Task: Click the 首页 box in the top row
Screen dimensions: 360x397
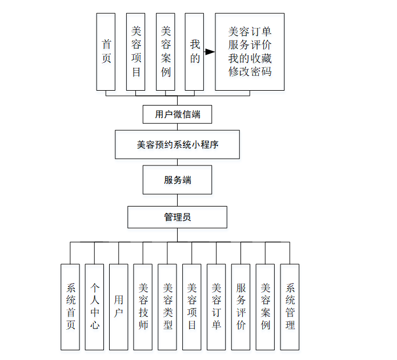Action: click(x=106, y=52)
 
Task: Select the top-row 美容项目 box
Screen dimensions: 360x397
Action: click(x=135, y=52)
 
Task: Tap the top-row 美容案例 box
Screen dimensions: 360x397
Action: click(x=165, y=52)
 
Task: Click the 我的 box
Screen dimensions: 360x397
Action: click(x=195, y=52)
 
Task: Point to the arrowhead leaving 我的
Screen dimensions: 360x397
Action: click(x=210, y=52)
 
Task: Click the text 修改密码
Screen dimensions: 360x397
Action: click(x=250, y=72)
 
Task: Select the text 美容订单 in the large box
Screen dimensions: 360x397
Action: click(x=250, y=31)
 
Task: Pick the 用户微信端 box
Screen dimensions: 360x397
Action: click(x=178, y=114)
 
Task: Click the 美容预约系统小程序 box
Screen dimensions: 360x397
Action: click(x=178, y=145)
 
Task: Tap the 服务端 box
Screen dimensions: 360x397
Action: click(x=178, y=180)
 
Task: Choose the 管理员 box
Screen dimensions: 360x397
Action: click(x=178, y=217)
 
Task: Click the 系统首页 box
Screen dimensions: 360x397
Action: click(x=70, y=306)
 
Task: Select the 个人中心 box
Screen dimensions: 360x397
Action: click(x=94, y=306)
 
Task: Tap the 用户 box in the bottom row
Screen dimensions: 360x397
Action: click(x=119, y=306)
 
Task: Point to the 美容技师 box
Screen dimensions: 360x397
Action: click(x=143, y=306)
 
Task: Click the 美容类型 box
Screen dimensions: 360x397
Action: click(x=167, y=306)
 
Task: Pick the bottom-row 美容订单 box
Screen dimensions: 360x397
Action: click(x=216, y=306)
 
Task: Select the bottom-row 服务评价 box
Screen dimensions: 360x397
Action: click(x=241, y=306)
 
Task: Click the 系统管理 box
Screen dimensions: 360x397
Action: click(x=290, y=306)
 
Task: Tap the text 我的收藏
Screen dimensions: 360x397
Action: click(x=250, y=58)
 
